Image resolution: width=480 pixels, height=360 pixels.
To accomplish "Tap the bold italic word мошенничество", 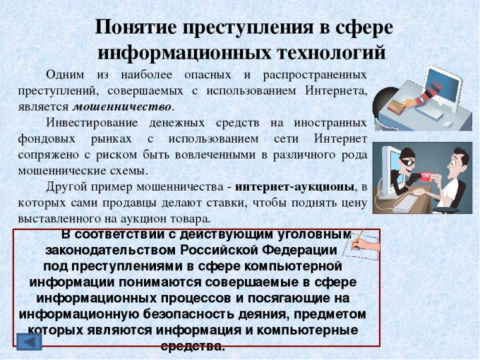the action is tap(123, 107).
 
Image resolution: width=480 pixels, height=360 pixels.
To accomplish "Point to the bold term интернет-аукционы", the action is tap(294, 187).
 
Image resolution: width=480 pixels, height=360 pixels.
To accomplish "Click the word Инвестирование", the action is tap(92, 123).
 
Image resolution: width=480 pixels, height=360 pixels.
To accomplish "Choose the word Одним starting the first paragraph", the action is tap(65, 75).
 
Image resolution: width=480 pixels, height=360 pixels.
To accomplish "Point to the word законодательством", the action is tap(111, 250).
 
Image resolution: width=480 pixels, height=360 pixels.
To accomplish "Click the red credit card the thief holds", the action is tap(426, 176).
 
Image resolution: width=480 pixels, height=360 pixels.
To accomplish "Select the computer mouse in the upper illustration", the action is tap(448, 124).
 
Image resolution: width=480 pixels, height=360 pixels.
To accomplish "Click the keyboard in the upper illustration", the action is tap(429, 112).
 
